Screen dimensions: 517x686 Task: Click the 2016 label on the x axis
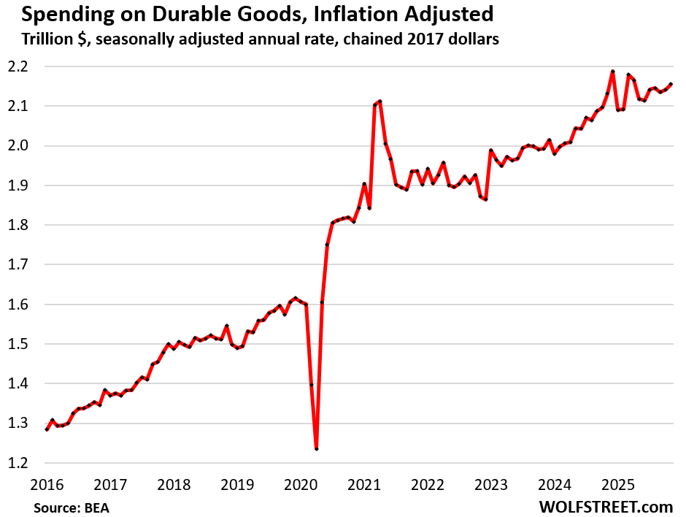coord(47,484)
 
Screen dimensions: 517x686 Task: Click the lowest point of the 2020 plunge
coord(316,449)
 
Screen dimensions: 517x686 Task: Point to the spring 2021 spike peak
coord(380,102)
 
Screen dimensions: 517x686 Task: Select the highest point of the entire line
coord(612,72)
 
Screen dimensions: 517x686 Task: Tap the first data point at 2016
coord(47,429)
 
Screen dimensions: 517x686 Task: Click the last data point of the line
coord(671,84)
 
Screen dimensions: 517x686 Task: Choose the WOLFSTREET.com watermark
coord(605,506)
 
